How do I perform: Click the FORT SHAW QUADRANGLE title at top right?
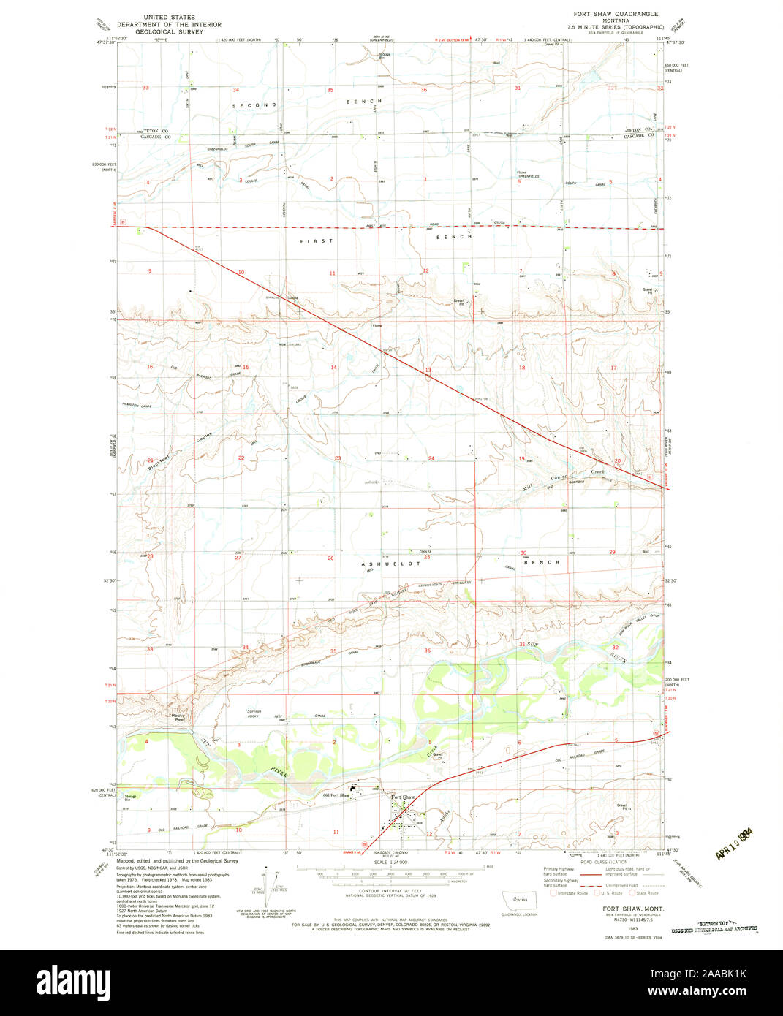(616, 14)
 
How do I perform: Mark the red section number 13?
(428, 371)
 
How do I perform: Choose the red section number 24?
(431, 458)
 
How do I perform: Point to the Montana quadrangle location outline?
(520, 899)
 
